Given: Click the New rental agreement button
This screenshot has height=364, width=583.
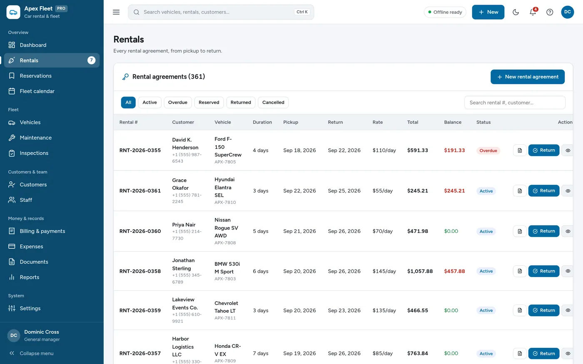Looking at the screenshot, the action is click(528, 77).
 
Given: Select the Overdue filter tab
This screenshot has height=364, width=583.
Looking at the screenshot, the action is click(177, 102).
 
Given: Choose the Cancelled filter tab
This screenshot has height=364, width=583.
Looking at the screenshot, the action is click(273, 102).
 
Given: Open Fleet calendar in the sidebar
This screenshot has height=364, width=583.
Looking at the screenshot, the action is click(37, 91).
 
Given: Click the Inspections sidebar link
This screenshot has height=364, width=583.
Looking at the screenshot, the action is click(34, 153).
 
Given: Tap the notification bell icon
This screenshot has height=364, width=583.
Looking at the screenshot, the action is click(533, 12).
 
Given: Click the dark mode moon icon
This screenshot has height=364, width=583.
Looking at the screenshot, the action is click(516, 12).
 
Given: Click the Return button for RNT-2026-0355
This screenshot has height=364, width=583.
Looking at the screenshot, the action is click(544, 150).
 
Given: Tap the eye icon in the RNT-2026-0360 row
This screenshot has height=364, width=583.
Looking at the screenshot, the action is click(568, 231).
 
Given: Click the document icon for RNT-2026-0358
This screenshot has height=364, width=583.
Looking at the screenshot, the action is click(520, 271).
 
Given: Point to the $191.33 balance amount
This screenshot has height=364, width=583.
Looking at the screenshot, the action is click(454, 150).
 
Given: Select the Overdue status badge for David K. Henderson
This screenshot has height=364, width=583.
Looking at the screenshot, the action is click(488, 151).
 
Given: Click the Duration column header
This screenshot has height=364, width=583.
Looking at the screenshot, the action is click(262, 122).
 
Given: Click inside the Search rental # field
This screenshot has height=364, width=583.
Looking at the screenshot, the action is click(515, 103).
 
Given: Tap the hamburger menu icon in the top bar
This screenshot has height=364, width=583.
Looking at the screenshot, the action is click(116, 12).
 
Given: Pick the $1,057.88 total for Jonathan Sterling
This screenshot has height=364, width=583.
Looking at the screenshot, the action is click(420, 271).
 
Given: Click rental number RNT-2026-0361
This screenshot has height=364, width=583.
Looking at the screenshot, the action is click(140, 191).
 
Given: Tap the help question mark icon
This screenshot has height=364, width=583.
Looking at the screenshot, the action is click(549, 12).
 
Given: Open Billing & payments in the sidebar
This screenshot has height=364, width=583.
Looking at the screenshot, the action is click(42, 231).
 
